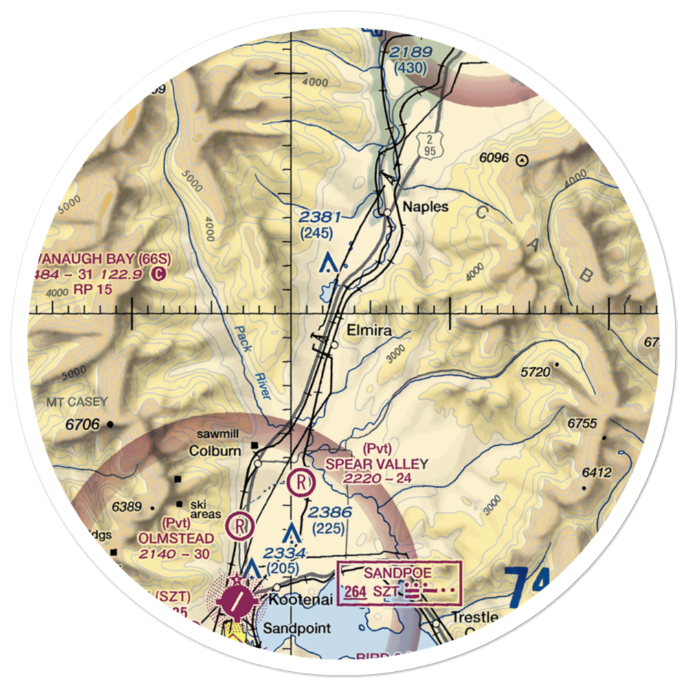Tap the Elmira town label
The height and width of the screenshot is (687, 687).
point(369,330)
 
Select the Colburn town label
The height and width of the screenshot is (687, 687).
point(215,451)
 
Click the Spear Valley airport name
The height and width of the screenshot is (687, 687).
point(376,464)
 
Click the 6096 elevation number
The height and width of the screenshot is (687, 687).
point(494,158)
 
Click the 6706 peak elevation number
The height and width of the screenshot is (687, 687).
point(82,425)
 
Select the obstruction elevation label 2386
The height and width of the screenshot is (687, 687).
point(330,513)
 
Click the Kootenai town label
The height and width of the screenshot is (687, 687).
point(300,600)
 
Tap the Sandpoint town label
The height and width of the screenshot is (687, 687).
point(297,628)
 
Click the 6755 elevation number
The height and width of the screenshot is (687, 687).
point(582,423)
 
